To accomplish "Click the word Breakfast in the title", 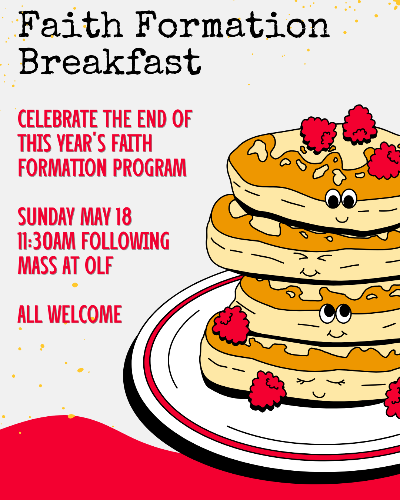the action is point(110,62).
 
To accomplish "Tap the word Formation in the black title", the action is point(233,24).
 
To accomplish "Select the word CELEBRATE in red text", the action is point(57,119).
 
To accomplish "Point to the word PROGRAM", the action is point(150,167).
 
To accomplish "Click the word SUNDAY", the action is point(46,217).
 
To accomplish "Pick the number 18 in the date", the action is point(124,217).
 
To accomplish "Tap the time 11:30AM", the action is point(47,241).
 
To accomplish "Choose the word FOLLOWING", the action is point(125,241).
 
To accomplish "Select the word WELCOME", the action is point(85,314).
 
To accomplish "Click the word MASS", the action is point(37,265).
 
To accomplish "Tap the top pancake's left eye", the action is point(333,199).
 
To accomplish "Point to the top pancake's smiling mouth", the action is point(342,219).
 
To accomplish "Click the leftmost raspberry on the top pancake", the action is point(318,135).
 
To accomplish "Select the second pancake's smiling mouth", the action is point(310,272).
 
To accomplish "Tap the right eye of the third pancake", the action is point(344,313).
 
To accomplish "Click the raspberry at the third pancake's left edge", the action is point(231,325).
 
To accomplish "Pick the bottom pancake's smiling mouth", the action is point(319,395).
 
